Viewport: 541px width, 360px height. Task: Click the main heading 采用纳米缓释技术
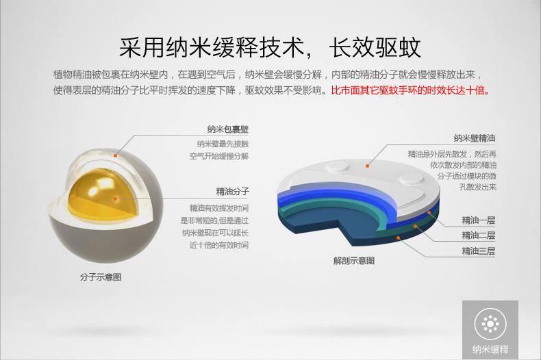click(x=212, y=47)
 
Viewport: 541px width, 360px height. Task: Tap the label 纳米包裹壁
click(x=228, y=129)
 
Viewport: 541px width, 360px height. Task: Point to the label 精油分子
click(x=233, y=192)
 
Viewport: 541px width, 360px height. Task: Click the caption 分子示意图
click(x=101, y=277)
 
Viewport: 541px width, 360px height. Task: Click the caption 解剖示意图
click(x=354, y=261)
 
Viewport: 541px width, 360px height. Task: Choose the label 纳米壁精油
click(x=475, y=138)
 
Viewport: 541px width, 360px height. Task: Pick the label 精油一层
click(x=479, y=220)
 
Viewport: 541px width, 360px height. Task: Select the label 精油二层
click(x=479, y=235)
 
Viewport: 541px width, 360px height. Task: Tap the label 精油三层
click(x=479, y=251)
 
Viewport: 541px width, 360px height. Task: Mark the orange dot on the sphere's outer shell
click(x=116, y=156)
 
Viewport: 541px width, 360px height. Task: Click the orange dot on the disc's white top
click(x=368, y=166)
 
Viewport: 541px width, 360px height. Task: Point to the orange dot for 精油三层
click(x=398, y=238)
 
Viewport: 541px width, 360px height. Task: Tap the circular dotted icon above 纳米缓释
click(x=490, y=324)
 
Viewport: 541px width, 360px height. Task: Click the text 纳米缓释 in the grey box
click(x=490, y=349)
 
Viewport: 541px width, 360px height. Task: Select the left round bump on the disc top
click(x=338, y=167)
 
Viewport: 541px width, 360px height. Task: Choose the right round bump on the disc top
click(x=412, y=179)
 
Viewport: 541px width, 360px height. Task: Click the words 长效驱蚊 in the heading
click(x=375, y=47)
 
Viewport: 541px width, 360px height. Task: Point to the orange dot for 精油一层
click(x=429, y=212)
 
